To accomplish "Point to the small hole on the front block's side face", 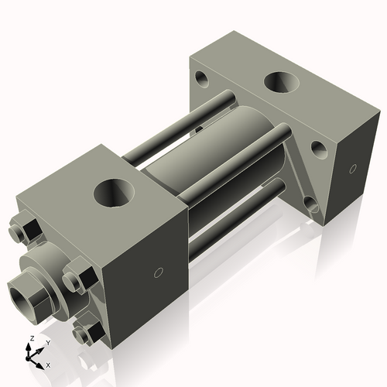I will (158, 272).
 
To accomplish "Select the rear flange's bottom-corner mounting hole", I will (311, 205).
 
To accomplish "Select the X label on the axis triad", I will (48, 364).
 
